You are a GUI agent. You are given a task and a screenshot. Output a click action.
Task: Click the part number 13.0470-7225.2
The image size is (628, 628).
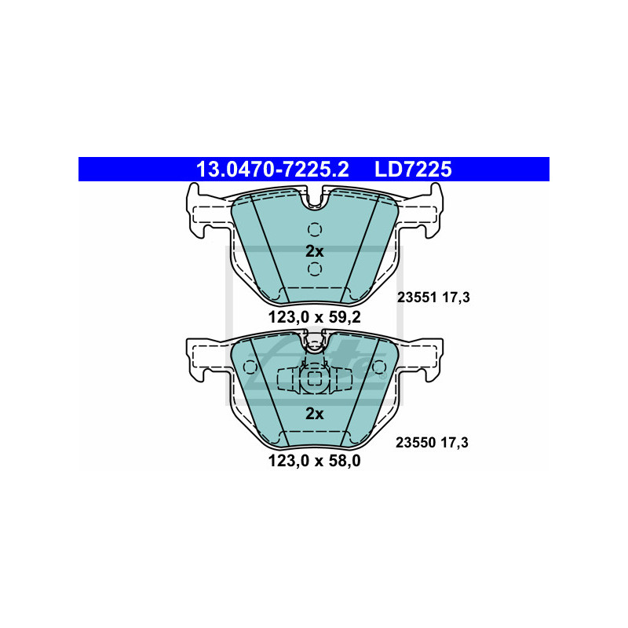(x=272, y=169)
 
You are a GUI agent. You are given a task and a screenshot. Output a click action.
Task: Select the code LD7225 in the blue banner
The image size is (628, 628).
(x=413, y=169)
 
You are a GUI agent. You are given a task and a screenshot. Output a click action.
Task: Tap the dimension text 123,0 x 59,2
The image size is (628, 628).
(x=315, y=317)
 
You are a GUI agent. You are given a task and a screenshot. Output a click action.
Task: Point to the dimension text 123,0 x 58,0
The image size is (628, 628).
(x=315, y=461)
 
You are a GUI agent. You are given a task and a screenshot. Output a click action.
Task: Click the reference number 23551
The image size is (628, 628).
(x=417, y=298)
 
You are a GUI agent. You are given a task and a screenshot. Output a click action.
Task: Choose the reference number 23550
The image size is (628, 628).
(x=415, y=443)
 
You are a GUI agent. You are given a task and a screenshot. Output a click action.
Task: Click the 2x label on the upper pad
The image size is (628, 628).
(x=315, y=251)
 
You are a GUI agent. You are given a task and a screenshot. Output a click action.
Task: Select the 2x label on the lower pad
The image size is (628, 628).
(x=315, y=414)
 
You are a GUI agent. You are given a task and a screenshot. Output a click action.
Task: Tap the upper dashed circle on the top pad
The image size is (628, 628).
(x=315, y=229)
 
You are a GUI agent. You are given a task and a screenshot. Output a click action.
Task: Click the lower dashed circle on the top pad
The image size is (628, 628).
(x=315, y=269)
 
